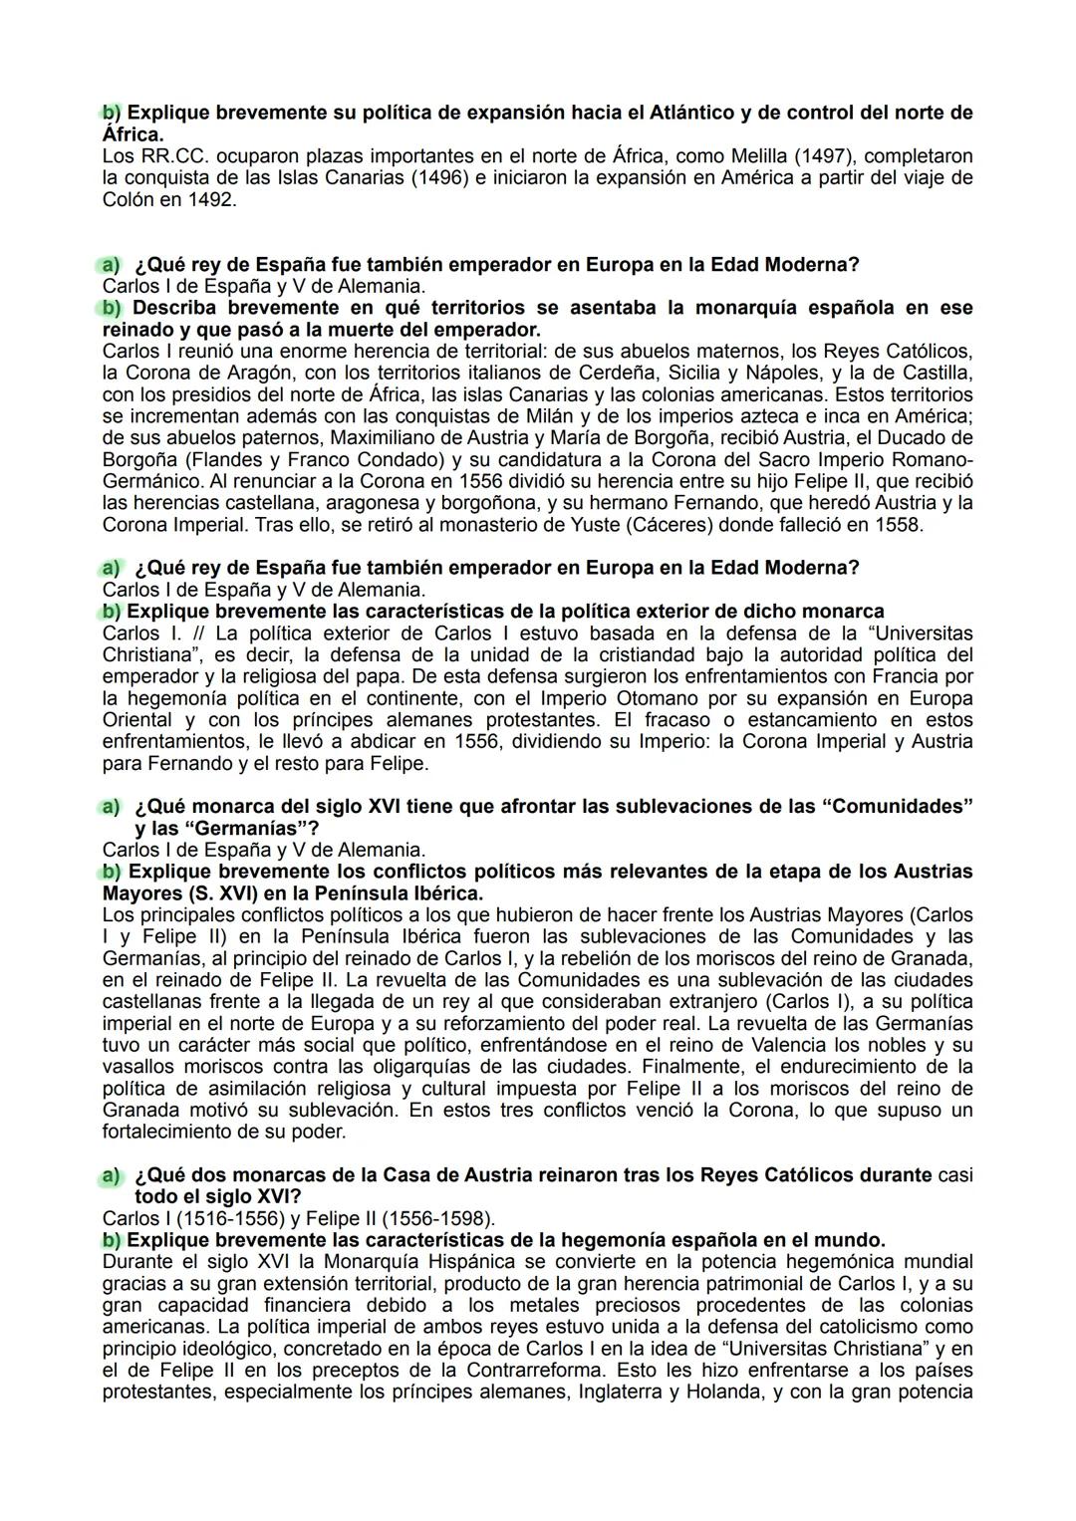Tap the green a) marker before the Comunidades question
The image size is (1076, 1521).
(x=110, y=807)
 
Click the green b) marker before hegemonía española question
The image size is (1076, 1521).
(x=112, y=1241)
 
